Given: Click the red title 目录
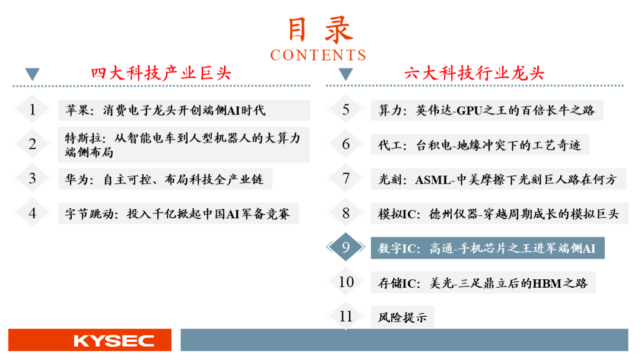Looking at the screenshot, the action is coord(320,30).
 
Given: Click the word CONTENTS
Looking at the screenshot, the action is coord(318,55).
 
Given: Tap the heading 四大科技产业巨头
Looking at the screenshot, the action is coord(161,74).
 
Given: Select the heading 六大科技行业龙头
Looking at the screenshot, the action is coord(474,74).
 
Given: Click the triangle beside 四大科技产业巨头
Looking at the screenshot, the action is coord(32,74).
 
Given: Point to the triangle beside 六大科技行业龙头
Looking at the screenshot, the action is coord(346,74).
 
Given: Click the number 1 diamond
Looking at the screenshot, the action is coord(32,110).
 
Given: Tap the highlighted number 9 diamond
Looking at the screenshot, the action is coord(346,247).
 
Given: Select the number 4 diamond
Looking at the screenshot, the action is coord(32,213).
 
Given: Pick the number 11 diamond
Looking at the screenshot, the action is coord(346,316).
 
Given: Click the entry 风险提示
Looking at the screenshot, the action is coord(402,317).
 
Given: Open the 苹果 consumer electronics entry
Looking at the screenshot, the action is coord(166,110).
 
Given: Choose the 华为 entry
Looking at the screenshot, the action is coord(164,179).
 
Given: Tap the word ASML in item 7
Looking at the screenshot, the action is coord(433,180).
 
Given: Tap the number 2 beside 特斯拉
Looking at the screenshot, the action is coord(32,144).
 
